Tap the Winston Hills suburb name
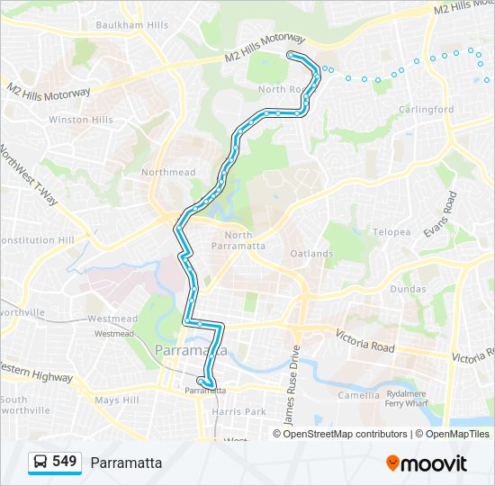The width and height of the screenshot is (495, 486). (x=81, y=120)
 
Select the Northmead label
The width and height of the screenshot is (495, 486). (x=168, y=173)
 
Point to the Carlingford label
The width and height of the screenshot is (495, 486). (x=427, y=110)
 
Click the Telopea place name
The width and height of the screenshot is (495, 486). (x=391, y=232)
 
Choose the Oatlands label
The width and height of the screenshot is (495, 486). (x=311, y=254)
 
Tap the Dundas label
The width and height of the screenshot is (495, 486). (x=409, y=289)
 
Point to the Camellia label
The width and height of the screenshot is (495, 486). (x=358, y=395)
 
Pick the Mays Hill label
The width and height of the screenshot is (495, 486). (x=117, y=400)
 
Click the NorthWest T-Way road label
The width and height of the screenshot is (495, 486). (x=29, y=175)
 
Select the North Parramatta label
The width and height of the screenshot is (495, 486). (x=238, y=240)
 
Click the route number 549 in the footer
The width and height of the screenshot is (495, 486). (x=64, y=462)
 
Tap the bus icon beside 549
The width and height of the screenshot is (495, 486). (x=40, y=463)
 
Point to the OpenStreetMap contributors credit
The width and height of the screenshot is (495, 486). (x=346, y=434)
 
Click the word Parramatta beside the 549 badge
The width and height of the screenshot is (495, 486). (x=126, y=463)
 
